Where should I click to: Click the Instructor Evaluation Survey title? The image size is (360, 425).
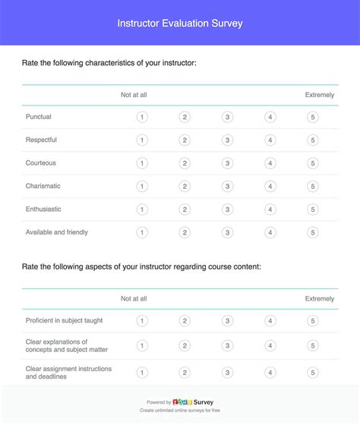(180, 24)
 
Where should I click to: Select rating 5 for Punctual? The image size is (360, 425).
(313, 117)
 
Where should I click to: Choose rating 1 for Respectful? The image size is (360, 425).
(142, 140)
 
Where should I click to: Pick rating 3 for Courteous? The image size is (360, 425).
(227, 163)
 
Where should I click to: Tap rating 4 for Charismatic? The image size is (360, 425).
(270, 187)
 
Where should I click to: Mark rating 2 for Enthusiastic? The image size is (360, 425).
(185, 209)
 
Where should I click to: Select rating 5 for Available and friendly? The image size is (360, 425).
(313, 233)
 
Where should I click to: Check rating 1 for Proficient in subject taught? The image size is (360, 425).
(142, 321)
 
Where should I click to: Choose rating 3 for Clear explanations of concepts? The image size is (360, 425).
(227, 346)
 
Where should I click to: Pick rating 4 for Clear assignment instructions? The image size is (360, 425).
(270, 373)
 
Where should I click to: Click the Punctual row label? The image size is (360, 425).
(39, 117)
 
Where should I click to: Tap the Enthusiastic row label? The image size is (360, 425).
(44, 209)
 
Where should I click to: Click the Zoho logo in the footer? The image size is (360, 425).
(182, 402)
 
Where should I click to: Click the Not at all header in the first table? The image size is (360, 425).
(134, 95)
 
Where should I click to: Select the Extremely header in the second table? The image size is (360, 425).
(320, 299)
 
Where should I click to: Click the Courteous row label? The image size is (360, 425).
(41, 163)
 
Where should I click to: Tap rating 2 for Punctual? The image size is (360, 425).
(185, 117)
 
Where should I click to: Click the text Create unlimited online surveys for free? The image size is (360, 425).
(180, 412)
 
